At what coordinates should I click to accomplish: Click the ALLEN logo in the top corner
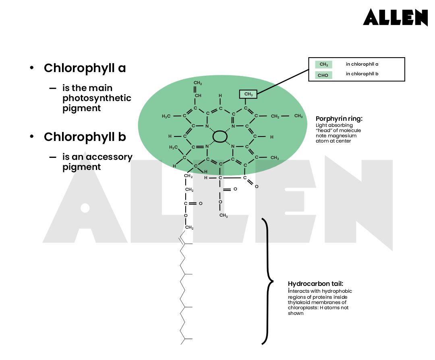coord(395,17)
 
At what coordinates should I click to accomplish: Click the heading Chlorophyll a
coord(85,68)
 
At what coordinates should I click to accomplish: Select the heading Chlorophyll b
coord(85,137)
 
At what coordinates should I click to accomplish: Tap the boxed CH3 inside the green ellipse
coord(248,94)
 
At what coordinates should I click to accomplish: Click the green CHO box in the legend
coord(323,75)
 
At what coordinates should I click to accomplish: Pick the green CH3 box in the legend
coord(323,64)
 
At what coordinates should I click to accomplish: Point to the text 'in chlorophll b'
coord(362,74)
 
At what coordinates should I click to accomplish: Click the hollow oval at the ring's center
coord(220,136)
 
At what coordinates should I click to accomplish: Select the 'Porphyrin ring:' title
coord(339,119)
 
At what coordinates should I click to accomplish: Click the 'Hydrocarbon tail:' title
coord(315,283)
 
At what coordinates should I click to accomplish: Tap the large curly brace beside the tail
coord(266,281)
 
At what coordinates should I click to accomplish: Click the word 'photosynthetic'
coord(97,98)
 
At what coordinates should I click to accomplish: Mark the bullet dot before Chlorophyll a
coord(31,68)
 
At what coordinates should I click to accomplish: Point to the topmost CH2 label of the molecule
coord(198,83)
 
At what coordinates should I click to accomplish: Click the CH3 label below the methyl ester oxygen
coord(224,216)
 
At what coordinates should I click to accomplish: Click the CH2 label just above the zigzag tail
coord(189,228)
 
